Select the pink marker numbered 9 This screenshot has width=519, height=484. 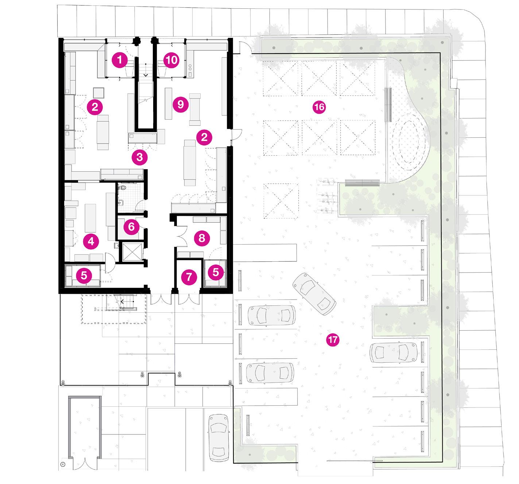point(181,105)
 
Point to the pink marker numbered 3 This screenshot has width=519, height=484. point(140,157)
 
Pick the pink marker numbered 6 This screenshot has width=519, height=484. point(131,227)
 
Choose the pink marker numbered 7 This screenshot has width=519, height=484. point(189,277)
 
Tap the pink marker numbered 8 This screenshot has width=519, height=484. point(202,238)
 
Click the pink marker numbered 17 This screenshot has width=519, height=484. point(333,340)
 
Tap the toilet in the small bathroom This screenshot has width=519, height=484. point(123,187)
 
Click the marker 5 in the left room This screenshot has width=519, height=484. point(84,276)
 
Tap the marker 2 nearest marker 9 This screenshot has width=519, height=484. point(204,137)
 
